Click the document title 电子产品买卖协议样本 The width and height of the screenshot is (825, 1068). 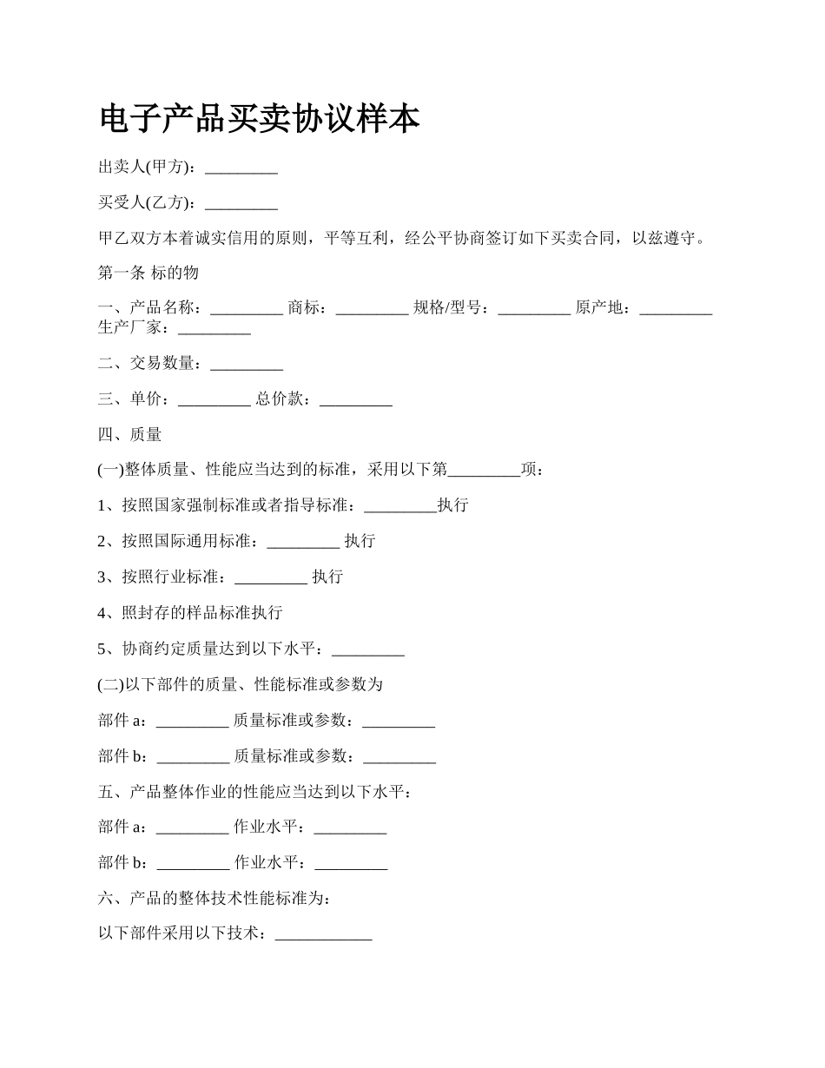pos(260,119)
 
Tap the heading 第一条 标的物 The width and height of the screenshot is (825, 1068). pos(148,273)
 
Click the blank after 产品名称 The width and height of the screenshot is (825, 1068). pos(247,309)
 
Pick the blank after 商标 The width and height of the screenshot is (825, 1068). pos(372,309)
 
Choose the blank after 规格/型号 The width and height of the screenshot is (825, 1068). pos(534,309)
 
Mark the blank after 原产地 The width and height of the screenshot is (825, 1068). pos(676,309)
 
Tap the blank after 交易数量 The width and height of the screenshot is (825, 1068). pos(247,365)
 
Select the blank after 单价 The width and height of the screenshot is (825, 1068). pos(214,400)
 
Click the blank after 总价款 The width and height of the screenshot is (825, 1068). pos(356,400)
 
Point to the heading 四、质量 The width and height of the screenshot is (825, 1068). pos(130,434)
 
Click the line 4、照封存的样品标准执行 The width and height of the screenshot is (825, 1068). pos(190,613)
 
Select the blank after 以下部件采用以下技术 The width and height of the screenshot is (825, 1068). pos(323,936)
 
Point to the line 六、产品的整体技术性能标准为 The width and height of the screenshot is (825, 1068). pos(214,900)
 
